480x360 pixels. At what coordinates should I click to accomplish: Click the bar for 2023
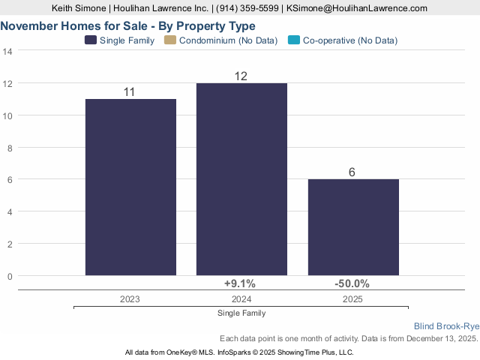coord(130,187)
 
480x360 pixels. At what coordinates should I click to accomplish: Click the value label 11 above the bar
coord(129,91)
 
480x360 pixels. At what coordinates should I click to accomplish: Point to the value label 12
coord(241,76)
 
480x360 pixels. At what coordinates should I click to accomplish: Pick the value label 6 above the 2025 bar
coord(352,172)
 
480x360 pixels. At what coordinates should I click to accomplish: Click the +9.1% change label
coord(240,283)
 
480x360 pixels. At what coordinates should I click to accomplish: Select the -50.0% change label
coord(352,283)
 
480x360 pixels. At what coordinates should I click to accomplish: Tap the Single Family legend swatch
coord(91,40)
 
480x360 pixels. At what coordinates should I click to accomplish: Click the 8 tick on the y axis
coord(10,148)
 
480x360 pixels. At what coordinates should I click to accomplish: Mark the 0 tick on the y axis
coord(10,276)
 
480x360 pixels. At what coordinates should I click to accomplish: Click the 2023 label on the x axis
coord(130,298)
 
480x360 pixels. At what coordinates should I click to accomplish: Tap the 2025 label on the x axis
coord(352,298)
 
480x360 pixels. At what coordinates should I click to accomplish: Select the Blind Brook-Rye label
coord(446,326)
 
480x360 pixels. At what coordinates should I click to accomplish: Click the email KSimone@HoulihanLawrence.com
coord(357,7)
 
